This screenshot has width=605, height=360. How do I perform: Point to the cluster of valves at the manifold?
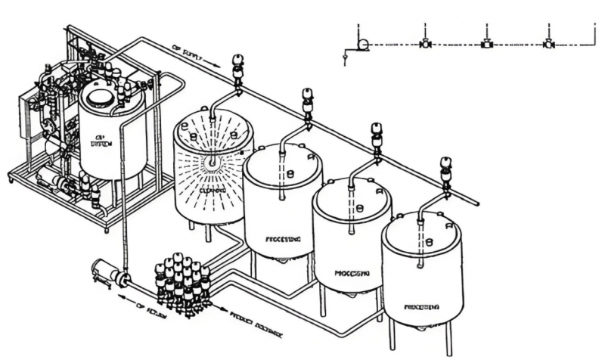click(181, 284)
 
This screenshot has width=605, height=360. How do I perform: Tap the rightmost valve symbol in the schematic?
click(548, 45)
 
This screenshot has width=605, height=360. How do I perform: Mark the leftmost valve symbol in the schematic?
click(425, 45)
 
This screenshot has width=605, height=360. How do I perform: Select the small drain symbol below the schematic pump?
click(346, 54)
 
